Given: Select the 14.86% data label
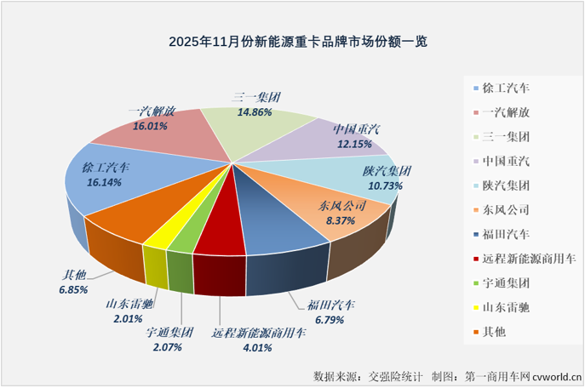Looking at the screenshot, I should [256, 111].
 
